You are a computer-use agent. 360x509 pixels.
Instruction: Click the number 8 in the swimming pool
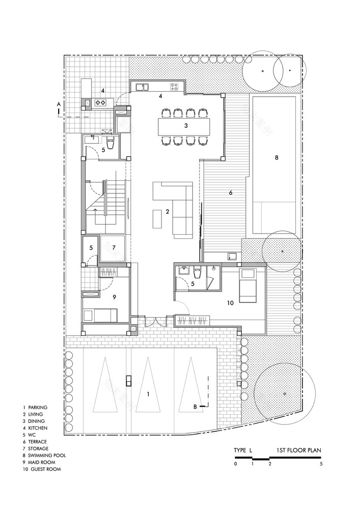pos(276,158)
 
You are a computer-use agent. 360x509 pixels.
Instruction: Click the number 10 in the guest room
pos(230,303)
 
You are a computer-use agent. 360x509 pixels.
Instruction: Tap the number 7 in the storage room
pos(114,247)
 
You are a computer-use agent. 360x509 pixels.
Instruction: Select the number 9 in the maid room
pos(114,297)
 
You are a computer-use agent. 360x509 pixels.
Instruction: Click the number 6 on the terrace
pos(230,193)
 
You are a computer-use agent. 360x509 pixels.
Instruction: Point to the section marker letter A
pos(59,104)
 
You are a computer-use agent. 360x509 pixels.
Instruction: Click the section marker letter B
pos(195,406)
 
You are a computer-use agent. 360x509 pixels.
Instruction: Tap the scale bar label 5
pos(321,464)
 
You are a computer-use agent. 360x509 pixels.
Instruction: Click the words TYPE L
pos(243,450)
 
